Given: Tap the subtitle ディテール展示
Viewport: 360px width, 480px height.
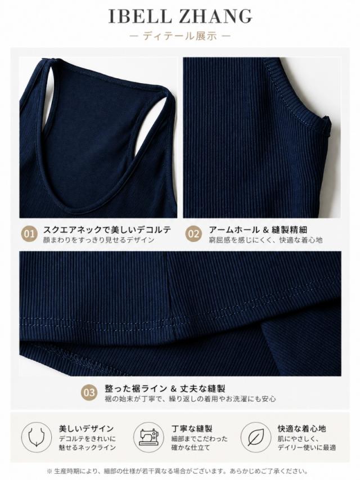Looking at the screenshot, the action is [180, 36].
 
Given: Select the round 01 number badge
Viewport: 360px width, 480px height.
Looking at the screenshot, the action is [29, 234].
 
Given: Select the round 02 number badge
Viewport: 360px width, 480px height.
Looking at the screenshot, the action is [193, 234].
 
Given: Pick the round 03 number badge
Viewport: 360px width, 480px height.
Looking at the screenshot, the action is [89, 393].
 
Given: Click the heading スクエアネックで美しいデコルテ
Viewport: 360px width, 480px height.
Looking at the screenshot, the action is [107, 230].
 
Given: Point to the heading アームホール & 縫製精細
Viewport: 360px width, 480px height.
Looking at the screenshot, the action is [258, 230].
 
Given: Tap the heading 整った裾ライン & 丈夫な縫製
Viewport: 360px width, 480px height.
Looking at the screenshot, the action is [165, 388].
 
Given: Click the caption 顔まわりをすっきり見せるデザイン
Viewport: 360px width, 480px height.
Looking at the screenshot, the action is [98, 240].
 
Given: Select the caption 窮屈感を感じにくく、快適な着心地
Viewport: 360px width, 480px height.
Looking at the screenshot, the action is [265, 240].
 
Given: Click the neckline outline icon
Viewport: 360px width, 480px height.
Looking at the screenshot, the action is [37, 437].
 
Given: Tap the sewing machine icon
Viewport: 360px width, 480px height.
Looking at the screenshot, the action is [148, 437].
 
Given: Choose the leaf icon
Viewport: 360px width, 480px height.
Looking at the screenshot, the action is [255, 437].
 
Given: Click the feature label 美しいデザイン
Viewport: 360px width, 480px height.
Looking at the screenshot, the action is [86, 429].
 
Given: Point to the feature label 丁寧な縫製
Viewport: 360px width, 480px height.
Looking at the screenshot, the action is [192, 429].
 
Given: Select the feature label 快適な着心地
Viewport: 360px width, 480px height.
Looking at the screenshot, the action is [302, 429].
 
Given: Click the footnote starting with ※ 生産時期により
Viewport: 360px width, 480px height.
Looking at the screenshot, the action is [177, 472].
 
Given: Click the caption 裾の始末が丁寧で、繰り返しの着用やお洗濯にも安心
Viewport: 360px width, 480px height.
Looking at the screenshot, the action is [190, 399].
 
